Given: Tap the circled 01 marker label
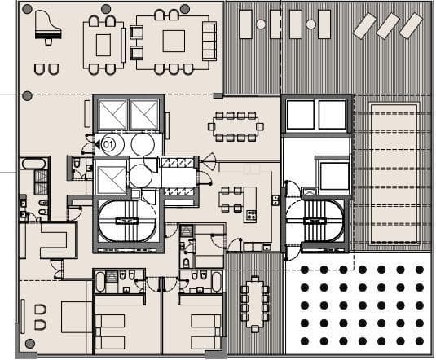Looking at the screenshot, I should coord(107,144).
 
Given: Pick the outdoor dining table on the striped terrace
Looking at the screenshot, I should coord(255,302).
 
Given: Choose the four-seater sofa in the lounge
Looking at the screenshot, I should coord(209,41).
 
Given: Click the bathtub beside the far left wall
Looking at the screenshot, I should coord(34,164).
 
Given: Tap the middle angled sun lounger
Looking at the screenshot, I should coord(388,26).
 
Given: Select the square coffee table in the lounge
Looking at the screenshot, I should coord(174,41).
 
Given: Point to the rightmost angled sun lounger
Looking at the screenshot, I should coord(410,26).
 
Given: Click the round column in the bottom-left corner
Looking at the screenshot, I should coord(30,343).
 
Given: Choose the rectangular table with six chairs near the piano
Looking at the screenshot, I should coord(103,42).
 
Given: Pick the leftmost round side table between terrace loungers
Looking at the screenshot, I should coord(261,24).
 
